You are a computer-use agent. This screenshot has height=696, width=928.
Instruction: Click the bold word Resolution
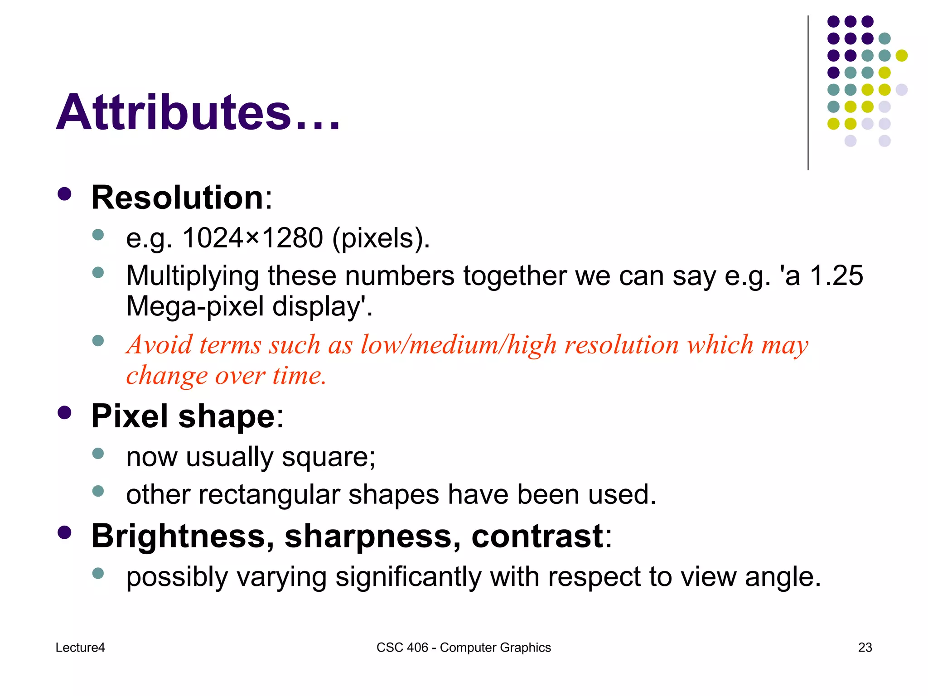point(177,198)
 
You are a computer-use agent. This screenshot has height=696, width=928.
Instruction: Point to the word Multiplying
point(192,275)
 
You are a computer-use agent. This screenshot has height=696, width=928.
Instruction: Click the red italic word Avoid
point(159,345)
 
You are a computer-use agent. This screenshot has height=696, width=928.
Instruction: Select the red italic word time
point(299,376)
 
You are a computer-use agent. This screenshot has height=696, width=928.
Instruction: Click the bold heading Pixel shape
point(183,416)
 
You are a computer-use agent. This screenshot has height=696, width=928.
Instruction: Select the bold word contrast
point(537,536)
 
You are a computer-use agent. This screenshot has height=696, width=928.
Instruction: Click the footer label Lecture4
point(80,648)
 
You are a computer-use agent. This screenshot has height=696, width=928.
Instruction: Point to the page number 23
point(865,648)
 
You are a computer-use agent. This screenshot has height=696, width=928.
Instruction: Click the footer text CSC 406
point(402,648)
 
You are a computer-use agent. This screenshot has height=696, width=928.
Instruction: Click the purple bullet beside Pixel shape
point(65,413)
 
